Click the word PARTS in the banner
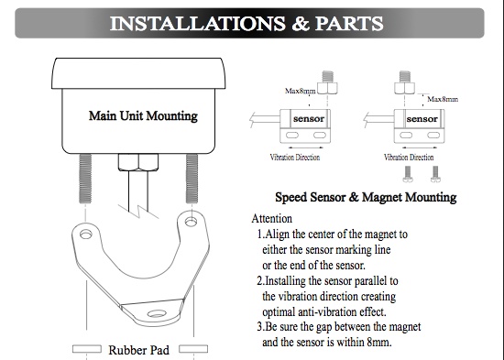[x=349, y=24]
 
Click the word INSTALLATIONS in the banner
[x=197, y=24]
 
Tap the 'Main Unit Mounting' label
[x=143, y=115]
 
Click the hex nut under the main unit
[x=138, y=162]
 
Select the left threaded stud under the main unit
[x=85, y=179]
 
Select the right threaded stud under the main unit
[x=192, y=179]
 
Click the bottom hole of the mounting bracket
[x=157, y=313]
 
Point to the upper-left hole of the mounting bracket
[x=86, y=235]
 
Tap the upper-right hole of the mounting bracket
[x=191, y=222]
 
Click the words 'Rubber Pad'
[x=139, y=350]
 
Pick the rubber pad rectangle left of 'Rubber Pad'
[x=87, y=349]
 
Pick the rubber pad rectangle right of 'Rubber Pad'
[x=193, y=349]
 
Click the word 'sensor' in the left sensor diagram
[x=309, y=118]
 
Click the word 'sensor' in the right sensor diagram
[x=422, y=119]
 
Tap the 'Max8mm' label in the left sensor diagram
[x=301, y=91]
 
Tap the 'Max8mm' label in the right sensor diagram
[x=443, y=99]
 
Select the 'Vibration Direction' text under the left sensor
[x=295, y=158]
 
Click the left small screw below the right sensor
[x=408, y=174]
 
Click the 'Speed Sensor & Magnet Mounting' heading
[x=366, y=197]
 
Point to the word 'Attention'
[x=272, y=219]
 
